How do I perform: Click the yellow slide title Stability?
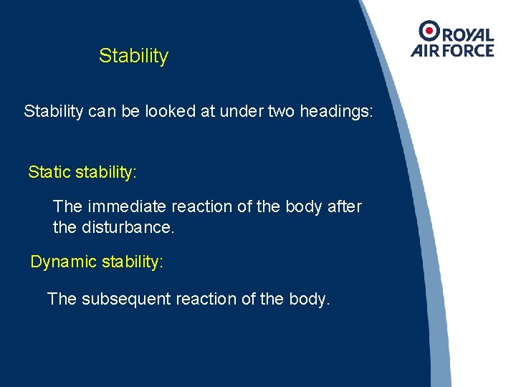tap(133, 56)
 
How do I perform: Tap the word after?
tap(344, 206)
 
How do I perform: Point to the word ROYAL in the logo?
tap(467, 35)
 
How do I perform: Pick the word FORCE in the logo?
tap(468, 50)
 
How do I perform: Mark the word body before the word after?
tap(305, 206)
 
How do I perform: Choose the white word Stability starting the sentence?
tap(57, 112)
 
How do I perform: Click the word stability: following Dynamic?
tap(132, 262)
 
